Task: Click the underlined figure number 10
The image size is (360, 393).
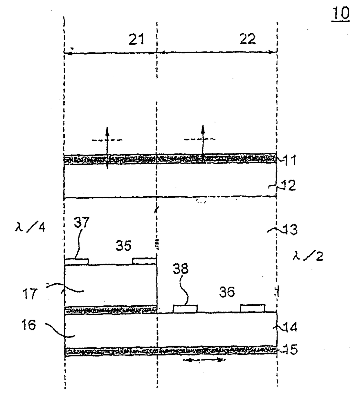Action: tap(341, 14)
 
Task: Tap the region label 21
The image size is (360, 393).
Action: tap(137, 39)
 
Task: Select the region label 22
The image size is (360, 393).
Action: tap(247, 39)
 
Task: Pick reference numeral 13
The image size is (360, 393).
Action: tap(290, 230)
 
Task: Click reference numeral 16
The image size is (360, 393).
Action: tap(29, 325)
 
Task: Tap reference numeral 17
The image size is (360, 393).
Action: tap(30, 294)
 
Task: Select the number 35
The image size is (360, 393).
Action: tap(123, 246)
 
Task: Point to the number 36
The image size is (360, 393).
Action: tap(227, 292)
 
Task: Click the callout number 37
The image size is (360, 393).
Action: tap(81, 223)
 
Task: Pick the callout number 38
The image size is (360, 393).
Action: tap(181, 269)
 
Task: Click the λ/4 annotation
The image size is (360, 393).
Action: tap(30, 227)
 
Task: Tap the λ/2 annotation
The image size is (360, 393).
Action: tap(308, 256)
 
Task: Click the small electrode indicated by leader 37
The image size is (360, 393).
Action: tap(76, 261)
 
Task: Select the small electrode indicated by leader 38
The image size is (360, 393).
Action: tap(186, 308)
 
